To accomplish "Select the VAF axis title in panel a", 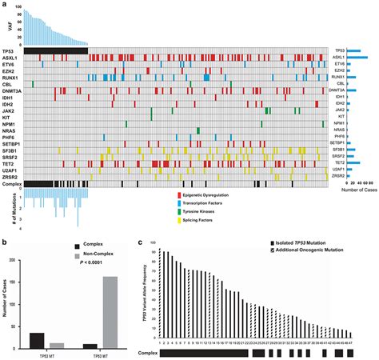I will tap(6, 30).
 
